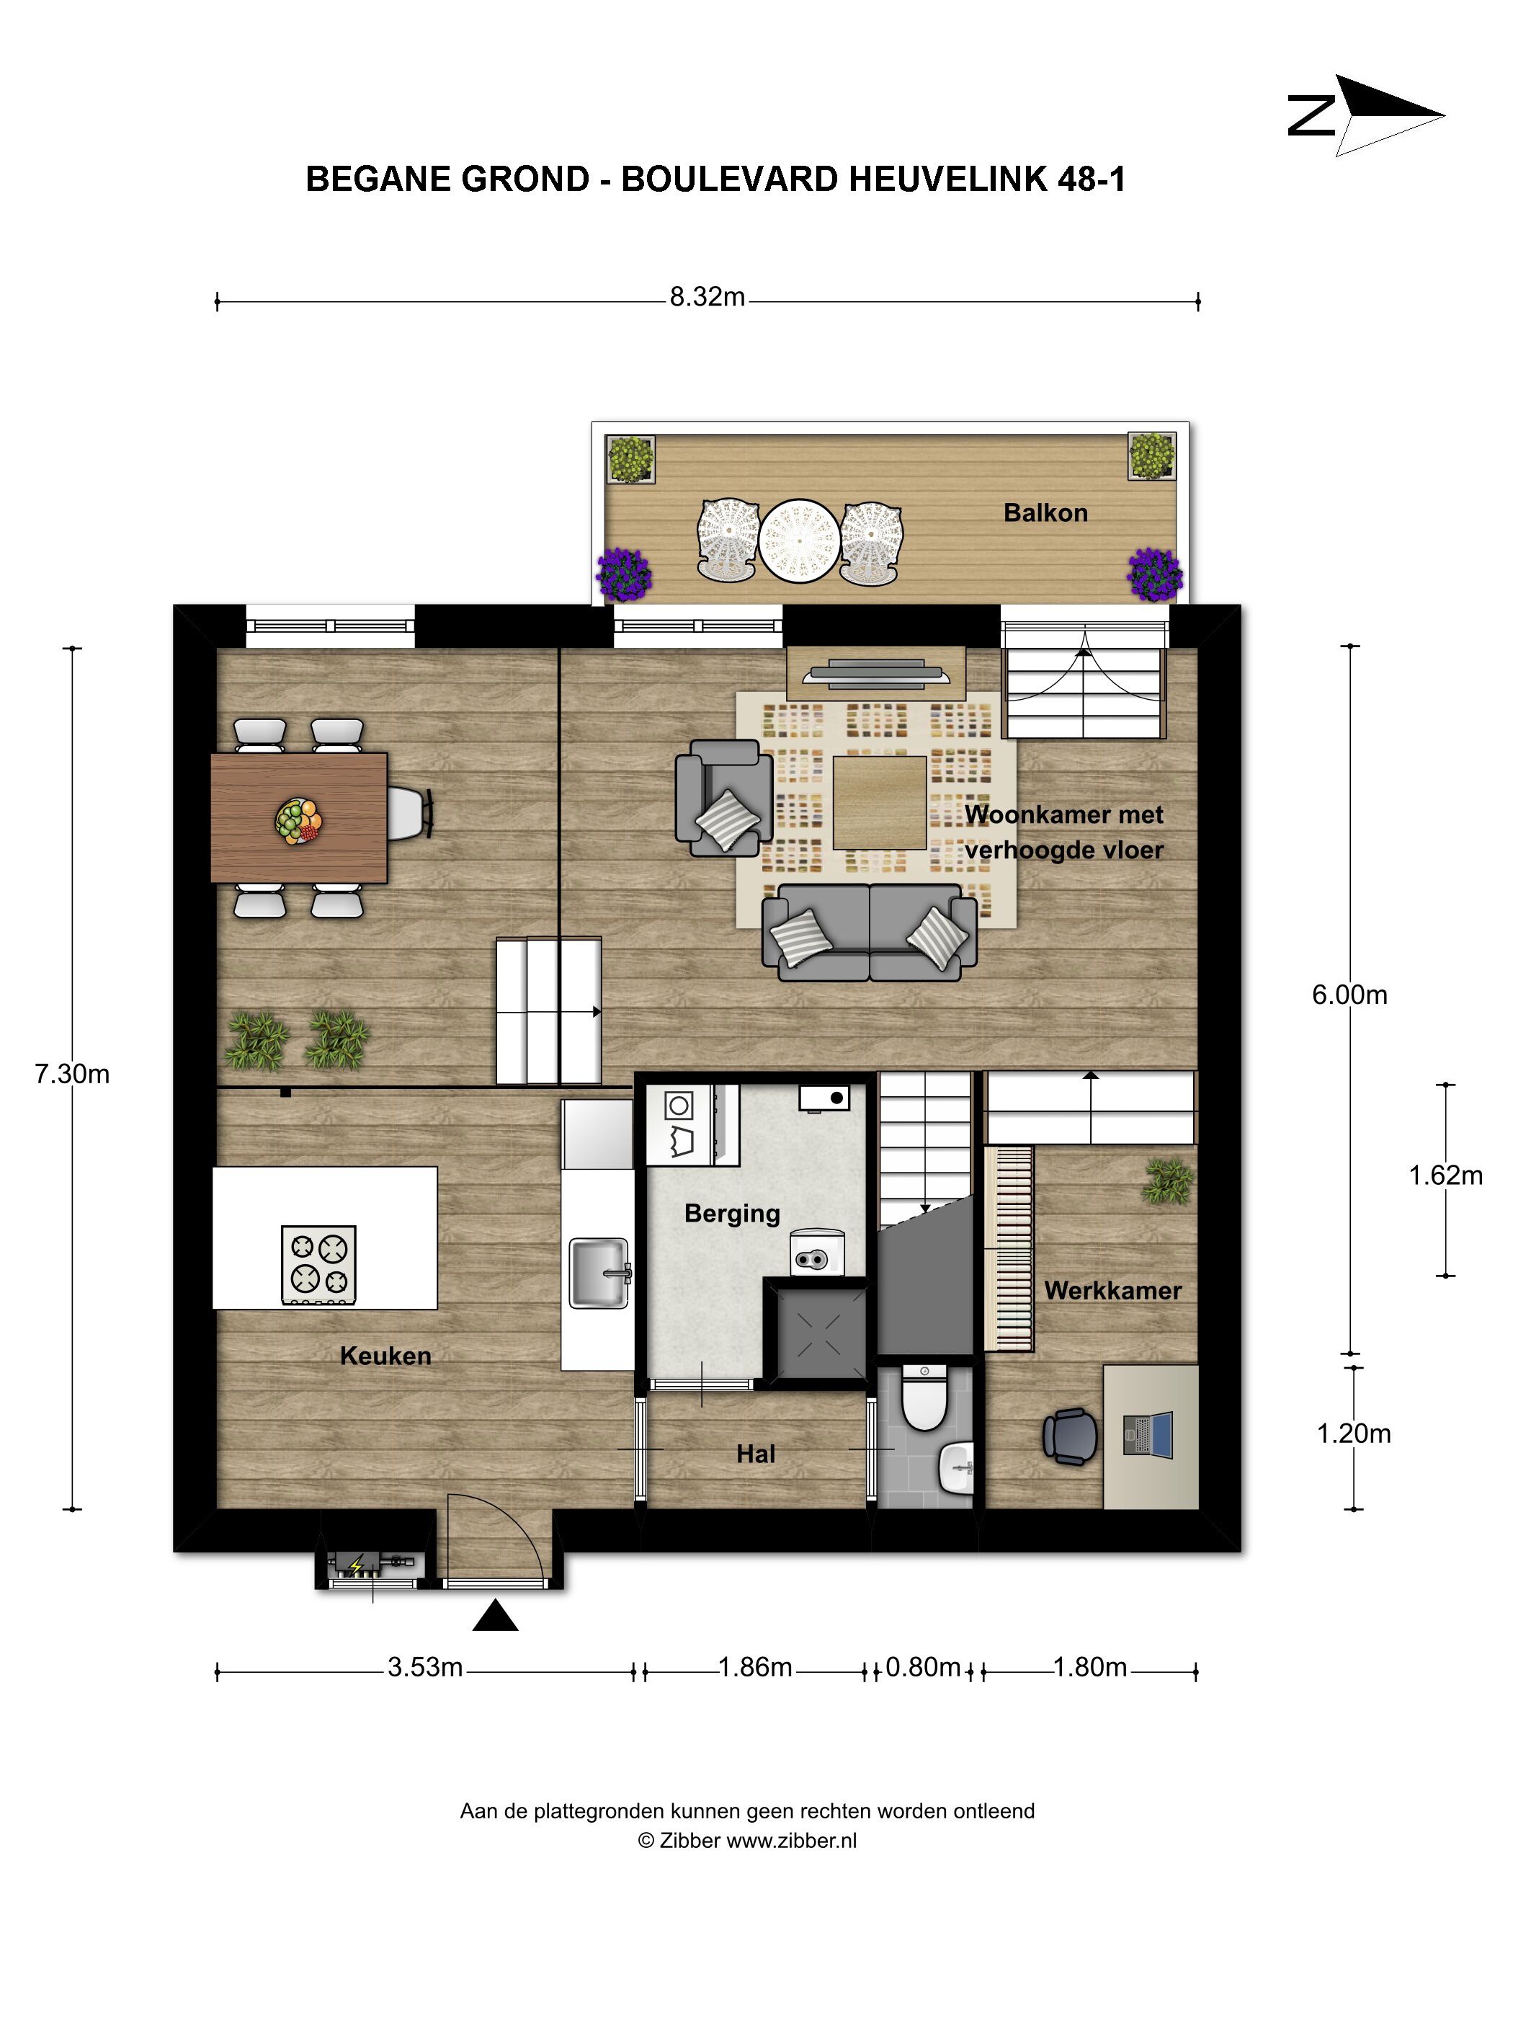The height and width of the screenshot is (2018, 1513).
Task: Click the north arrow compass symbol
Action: (1365, 116)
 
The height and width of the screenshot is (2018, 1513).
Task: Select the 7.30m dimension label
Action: (72, 1074)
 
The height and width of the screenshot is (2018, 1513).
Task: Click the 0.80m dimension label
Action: (923, 1667)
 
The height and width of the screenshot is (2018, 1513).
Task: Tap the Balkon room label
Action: (1045, 512)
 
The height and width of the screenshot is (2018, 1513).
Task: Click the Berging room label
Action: (732, 1214)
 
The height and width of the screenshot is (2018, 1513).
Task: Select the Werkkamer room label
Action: (1112, 1290)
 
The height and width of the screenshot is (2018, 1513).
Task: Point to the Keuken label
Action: (385, 1356)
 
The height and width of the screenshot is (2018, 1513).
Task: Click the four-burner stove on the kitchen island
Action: (318, 1264)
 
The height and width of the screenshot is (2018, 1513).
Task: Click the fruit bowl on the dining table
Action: (298, 821)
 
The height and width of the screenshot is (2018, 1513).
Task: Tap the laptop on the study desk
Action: (1148, 1435)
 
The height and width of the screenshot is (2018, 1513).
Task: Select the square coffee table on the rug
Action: (880, 803)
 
